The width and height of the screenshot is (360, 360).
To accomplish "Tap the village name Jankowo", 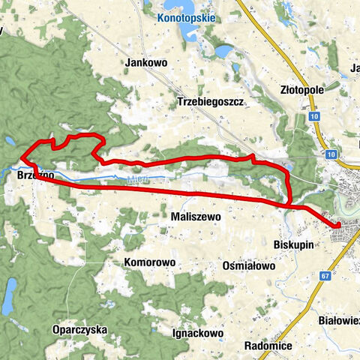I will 146,64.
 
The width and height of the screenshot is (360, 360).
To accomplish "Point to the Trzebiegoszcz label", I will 211,101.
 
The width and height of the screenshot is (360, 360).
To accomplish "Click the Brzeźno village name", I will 32,175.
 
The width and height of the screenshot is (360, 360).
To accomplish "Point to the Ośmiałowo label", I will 249,265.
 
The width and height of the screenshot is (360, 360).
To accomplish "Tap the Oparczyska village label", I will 80,329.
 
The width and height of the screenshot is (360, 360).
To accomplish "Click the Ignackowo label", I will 198,331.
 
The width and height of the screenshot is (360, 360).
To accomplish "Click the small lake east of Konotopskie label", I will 224,52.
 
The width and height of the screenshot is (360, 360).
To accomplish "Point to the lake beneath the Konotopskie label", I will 185,33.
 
